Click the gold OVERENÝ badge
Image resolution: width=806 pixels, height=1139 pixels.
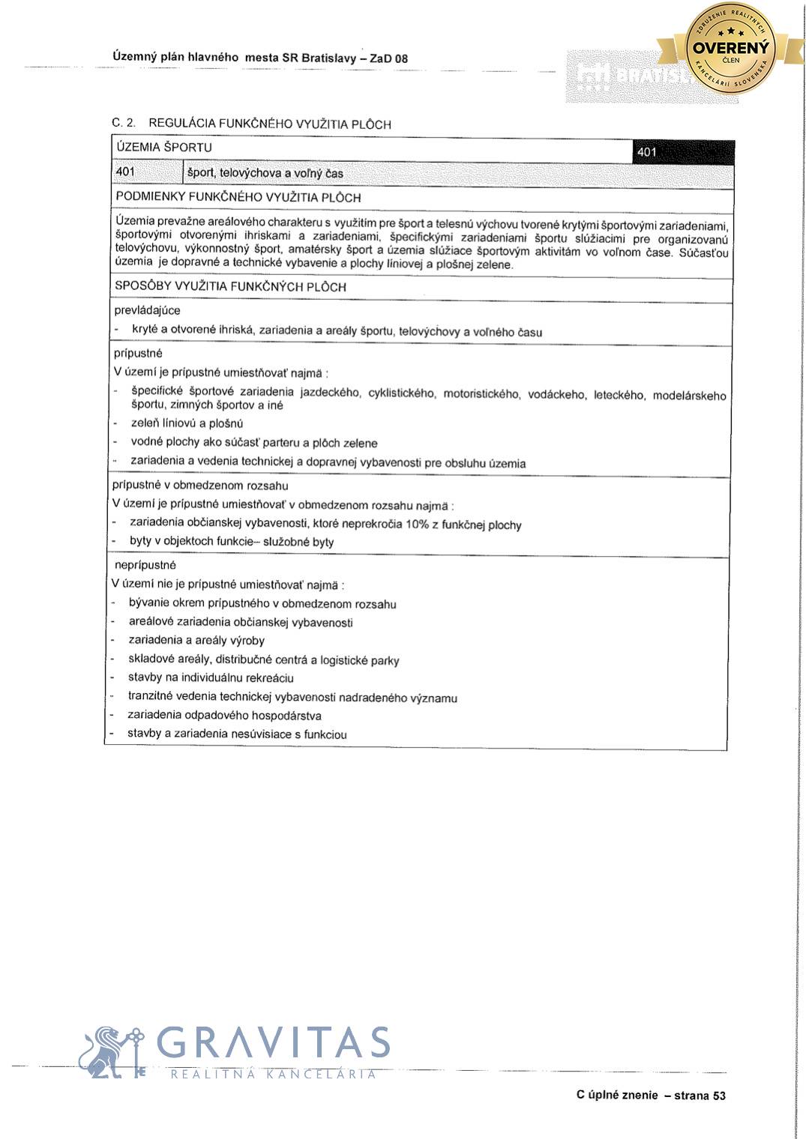[731, 49]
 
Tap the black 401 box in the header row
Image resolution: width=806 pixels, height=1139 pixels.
[683, 152]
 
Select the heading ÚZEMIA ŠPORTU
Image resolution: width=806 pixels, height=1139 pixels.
[164, 148]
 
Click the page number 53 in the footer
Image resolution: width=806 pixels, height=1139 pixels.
[719, 1096]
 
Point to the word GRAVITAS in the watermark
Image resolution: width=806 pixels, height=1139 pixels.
[274, 1044]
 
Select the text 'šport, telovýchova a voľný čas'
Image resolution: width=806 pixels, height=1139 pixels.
[265, 174]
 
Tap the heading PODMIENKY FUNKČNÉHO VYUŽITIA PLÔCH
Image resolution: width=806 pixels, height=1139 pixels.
[238, 198]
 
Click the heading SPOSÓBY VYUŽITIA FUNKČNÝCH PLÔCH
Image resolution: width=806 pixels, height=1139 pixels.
[231, 286]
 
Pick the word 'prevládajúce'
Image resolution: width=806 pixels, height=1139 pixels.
[148, 310]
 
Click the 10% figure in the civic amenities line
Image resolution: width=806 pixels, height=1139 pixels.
[417, 524]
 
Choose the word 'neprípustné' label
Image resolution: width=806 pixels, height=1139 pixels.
[145, 565]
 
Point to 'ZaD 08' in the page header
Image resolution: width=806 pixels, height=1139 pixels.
[389, 58]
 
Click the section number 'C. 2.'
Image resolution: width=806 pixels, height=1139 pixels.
[124, 122]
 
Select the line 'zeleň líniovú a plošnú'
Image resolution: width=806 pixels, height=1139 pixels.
[187, 423]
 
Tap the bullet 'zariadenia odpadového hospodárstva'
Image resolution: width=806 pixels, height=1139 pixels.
[225, 716]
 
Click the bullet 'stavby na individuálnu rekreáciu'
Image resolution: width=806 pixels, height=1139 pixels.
[211, 678]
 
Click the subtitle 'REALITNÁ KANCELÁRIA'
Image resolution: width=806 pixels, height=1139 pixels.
[274, 1075]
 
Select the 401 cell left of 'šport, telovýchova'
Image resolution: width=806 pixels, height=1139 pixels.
[126, 172]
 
